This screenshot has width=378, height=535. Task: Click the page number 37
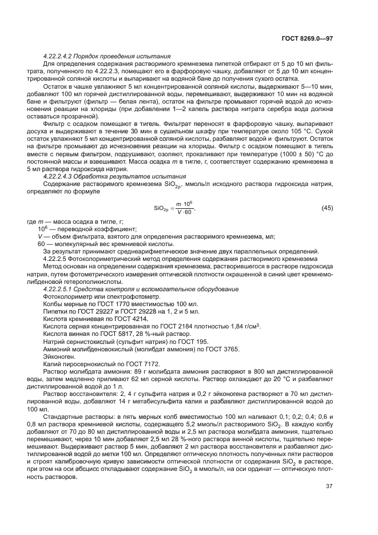[329, 486]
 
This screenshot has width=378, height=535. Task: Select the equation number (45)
[327, 206]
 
